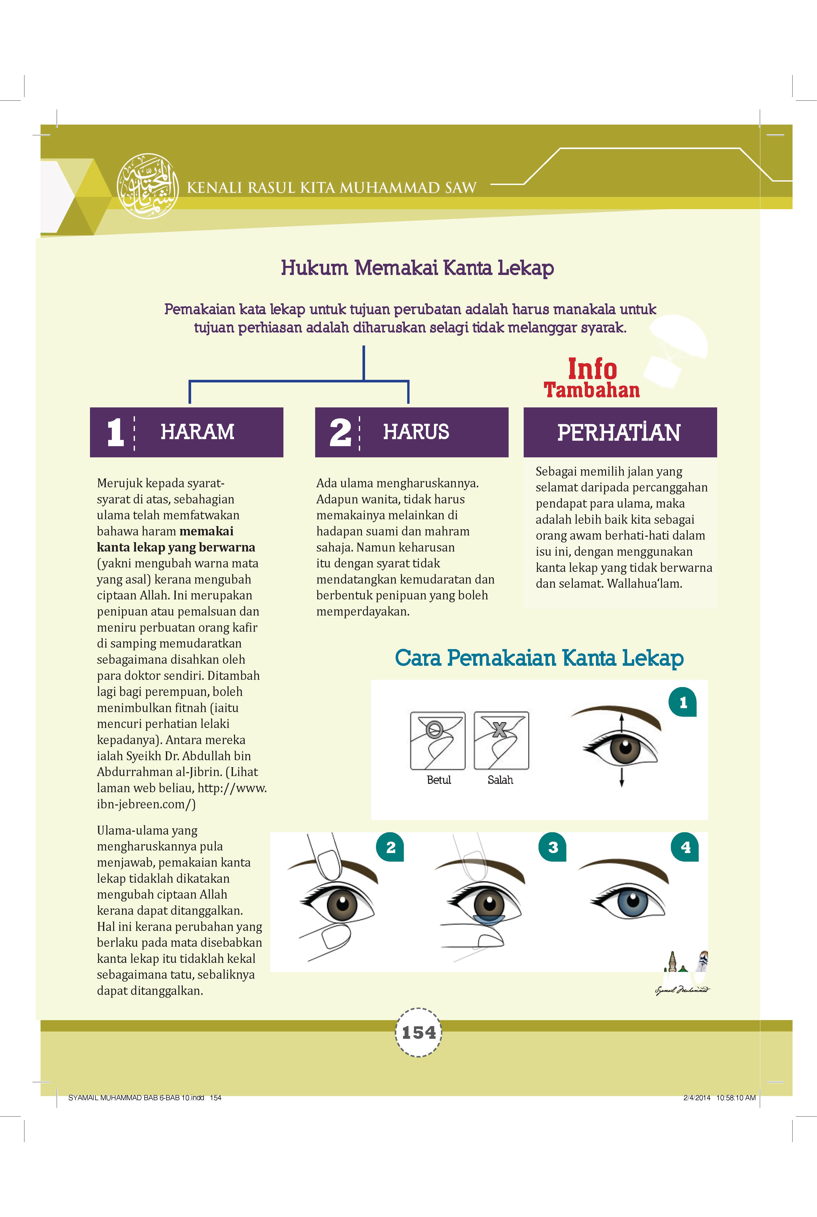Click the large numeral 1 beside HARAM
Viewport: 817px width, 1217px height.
[115, 432]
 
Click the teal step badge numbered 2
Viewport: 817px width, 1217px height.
[390, 847]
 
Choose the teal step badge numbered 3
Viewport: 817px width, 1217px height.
[553, 847]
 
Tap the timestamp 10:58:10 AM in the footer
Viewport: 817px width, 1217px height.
[736, 1097]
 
